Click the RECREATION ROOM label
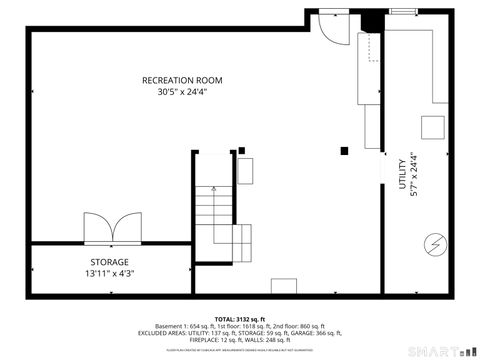tap(182, 80)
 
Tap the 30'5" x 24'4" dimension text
tap(182, 92)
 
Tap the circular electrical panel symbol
tap(435, 242)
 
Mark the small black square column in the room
tap(344, 151)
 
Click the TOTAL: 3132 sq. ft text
tap(240, 318)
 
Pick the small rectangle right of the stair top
tap(245, 169)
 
